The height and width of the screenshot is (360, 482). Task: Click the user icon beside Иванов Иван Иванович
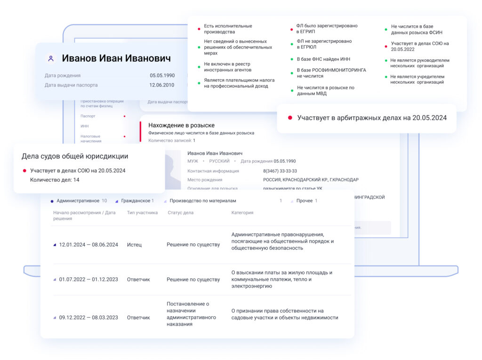pos(50,59)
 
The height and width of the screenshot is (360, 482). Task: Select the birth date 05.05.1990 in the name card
pos(162,75)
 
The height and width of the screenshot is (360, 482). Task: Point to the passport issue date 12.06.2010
pos(162,85)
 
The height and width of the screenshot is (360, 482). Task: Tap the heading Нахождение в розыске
pos(181,125)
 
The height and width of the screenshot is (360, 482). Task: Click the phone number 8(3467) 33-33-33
pos(280,171)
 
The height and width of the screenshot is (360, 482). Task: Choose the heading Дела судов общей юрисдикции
pos(75,156)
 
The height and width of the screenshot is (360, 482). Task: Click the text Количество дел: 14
pos(55,180)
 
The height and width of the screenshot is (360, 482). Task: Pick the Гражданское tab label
pos(136,201)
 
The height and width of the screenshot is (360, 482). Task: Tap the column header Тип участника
pos(142,213)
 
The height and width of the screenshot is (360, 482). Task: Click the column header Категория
pos(242,213)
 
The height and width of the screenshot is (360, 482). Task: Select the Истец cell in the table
pos(134,245)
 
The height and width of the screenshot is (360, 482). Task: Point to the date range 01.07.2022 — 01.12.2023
pos(88,280)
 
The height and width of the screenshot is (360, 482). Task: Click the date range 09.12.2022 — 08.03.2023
pos(88,318)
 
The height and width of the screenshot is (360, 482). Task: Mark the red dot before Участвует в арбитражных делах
pos(290,118)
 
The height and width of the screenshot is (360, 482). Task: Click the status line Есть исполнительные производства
pos(228,29)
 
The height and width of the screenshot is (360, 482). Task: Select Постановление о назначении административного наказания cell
pos(191,314)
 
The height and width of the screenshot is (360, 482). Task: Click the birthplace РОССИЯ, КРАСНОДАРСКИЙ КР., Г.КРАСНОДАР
pos(311,180)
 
